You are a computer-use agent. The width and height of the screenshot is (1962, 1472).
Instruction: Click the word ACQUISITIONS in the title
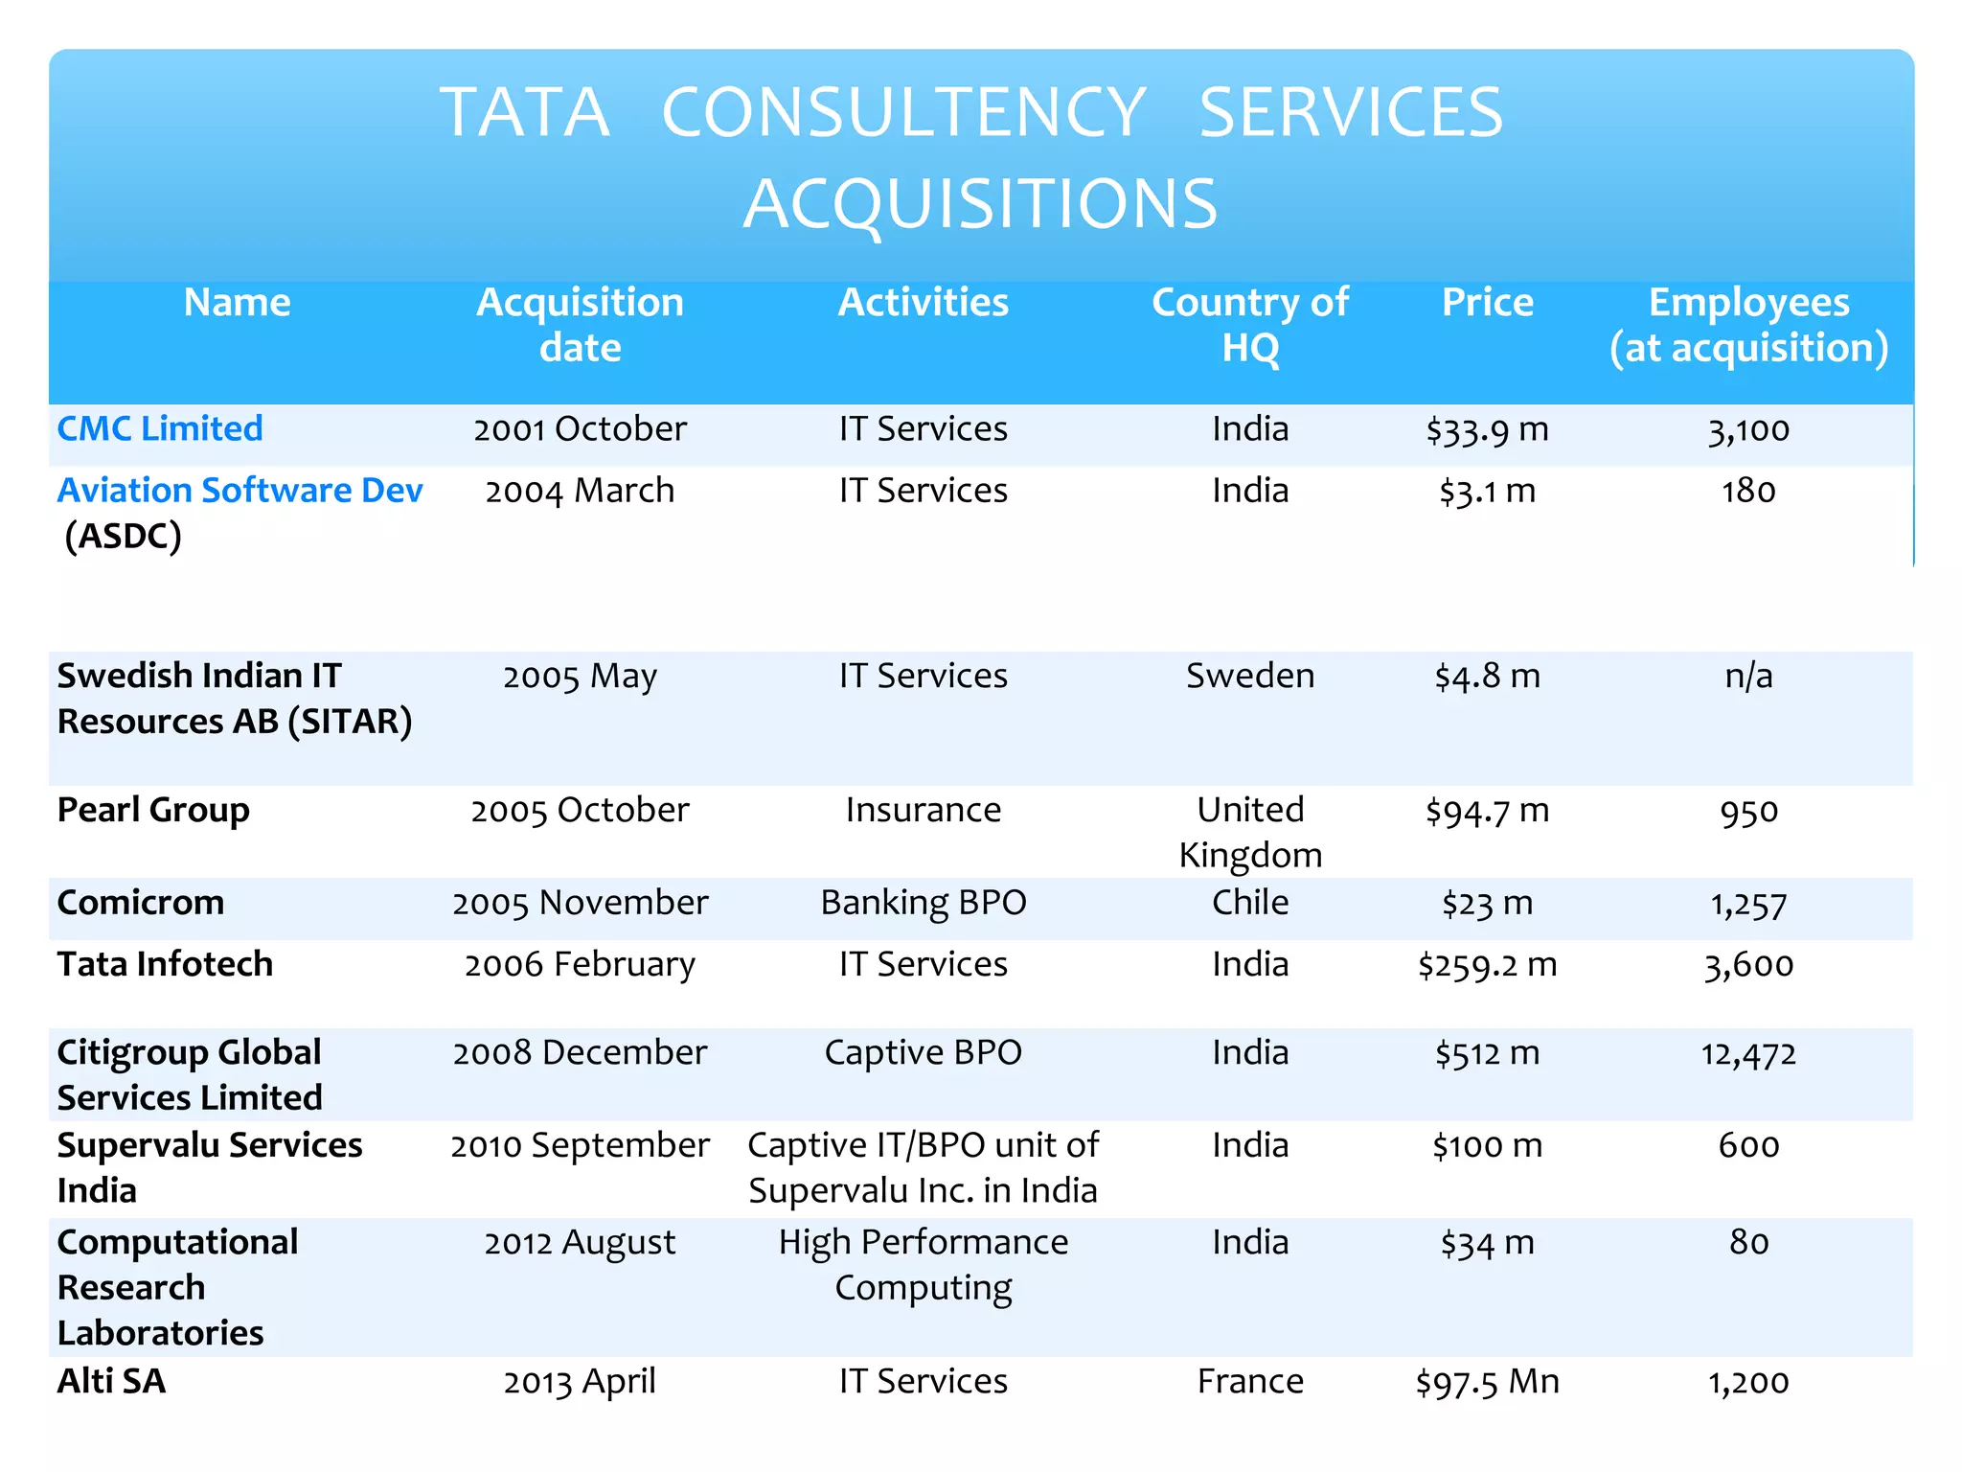click(980, 204)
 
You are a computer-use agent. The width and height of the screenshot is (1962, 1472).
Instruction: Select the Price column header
click(1487, 303)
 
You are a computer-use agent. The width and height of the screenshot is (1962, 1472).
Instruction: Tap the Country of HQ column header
click(1249, 325)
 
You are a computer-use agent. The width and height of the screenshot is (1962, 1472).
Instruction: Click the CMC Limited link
click(160, 428)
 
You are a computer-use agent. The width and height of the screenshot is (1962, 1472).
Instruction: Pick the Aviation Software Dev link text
click(240, 490)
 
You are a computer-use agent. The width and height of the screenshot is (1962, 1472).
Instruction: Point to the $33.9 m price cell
click(1487, 429)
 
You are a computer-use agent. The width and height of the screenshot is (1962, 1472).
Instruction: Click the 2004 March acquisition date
click(580, 491)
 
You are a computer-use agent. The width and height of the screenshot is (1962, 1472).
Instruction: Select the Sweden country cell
click(1249, 676)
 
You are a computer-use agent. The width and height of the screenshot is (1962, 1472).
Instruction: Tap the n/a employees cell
click(1747, 676)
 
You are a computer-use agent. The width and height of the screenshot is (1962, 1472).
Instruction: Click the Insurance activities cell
click(923, 810)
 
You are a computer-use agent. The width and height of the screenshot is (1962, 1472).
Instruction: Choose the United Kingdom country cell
click(1249, 832)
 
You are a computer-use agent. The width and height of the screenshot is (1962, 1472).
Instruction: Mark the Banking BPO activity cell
click(923, 903)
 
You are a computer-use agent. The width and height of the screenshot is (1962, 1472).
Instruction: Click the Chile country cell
click(1249, 903)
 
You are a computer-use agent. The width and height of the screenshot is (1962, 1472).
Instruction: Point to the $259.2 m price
click(1487, 965)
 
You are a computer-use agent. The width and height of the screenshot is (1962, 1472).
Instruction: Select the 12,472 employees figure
click(1747, 1053)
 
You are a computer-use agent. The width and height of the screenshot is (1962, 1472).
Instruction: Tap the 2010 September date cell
click(580, 1145)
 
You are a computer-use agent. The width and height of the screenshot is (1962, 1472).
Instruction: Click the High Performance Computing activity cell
click(923, 1264)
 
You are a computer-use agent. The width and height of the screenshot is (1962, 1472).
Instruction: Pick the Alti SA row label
click(111, 1381)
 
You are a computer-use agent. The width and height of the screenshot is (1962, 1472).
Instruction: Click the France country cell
click(1249, 1381)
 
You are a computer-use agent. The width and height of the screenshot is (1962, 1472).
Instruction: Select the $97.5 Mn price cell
click(1487, 1382)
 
